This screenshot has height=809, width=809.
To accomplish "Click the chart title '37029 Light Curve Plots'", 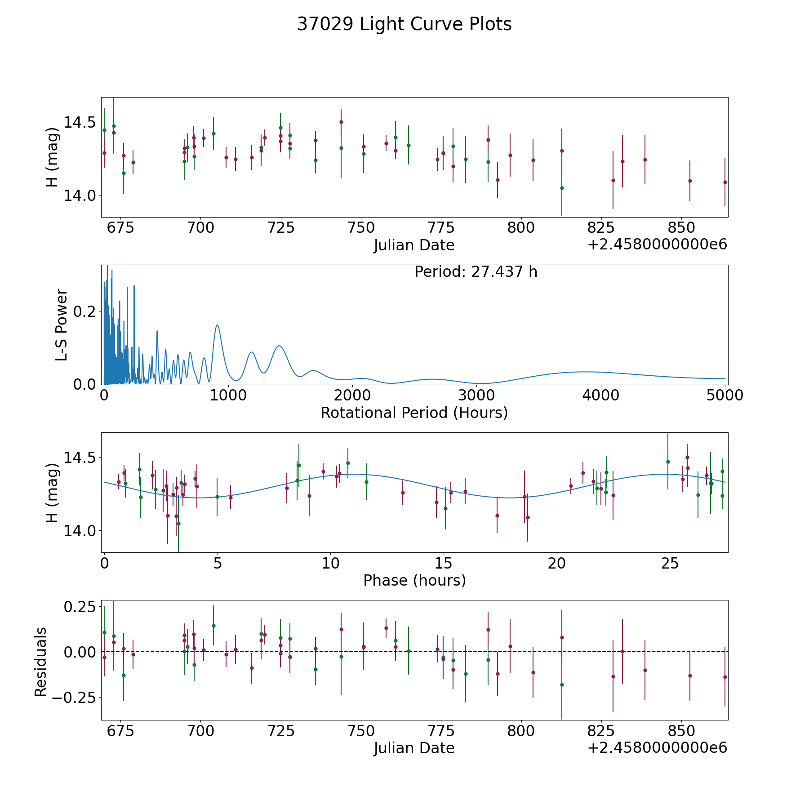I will (x=404, y=24).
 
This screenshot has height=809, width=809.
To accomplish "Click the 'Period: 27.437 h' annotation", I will (x=476, y=272).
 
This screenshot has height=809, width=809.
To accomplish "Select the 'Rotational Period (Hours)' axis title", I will (x=414, y=413).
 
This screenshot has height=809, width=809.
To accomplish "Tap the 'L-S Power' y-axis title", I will (x=62, y=324).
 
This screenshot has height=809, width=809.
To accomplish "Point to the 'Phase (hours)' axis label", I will (x=414, y=580).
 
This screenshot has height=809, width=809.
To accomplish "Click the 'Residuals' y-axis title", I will (x=41, y=662).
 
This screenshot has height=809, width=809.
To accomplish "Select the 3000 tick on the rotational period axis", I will (x=477, y=395).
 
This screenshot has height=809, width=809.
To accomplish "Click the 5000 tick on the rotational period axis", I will (x=725, y=395).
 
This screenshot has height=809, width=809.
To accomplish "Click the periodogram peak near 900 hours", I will (x=217, y=325).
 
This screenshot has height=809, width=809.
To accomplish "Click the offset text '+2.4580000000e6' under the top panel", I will (x=657, y=245).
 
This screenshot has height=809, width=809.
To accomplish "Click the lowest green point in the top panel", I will (x=562, y=188).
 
